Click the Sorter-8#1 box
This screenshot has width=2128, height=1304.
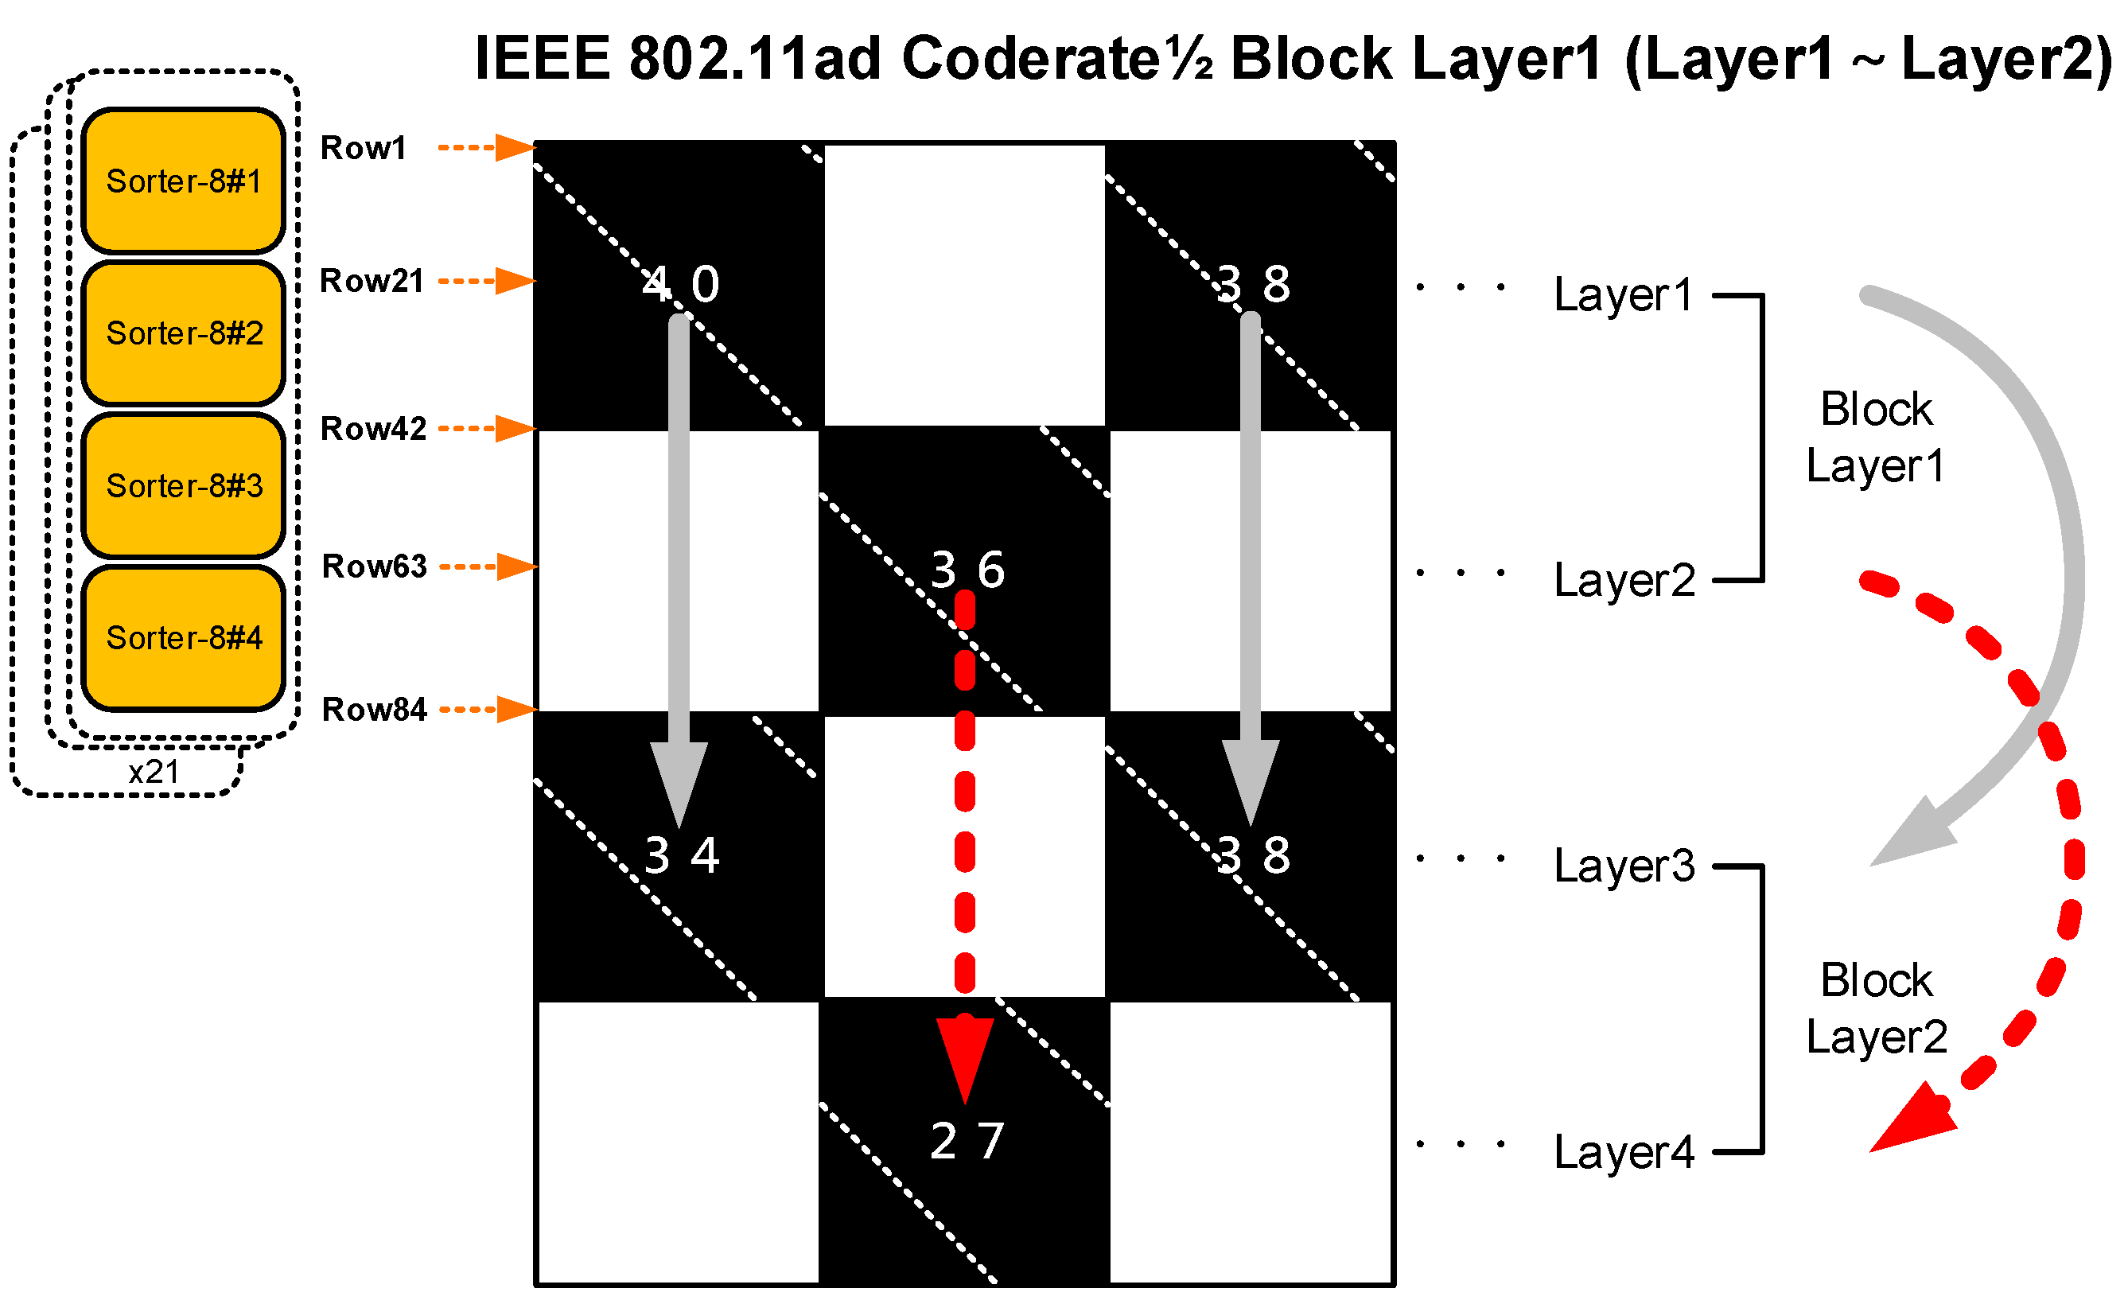click(183, 181)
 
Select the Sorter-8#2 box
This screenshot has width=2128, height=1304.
click(183, 333)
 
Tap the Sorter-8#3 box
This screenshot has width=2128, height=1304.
click(183, 485)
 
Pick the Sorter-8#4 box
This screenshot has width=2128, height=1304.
click(183, 638)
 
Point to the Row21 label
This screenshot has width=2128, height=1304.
click(372, 282)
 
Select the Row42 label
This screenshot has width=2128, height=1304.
click(373, 429)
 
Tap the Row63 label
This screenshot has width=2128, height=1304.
click(374, 567)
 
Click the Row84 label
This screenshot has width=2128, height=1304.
click(374, 710)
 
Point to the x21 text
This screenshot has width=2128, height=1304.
click(154, 772)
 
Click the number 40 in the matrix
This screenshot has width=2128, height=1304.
click(680, 284)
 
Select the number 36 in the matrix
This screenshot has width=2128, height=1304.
click(967, 570)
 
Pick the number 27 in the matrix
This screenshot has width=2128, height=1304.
click(967, 1141)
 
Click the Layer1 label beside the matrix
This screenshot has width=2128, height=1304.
click(1623, 295)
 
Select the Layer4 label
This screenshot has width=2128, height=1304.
click(1624, 1152)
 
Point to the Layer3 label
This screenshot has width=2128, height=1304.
click(1624, 866)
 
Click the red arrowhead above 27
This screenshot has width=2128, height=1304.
click(965, 1055)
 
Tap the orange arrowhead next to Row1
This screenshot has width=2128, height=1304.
click(515, 148)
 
